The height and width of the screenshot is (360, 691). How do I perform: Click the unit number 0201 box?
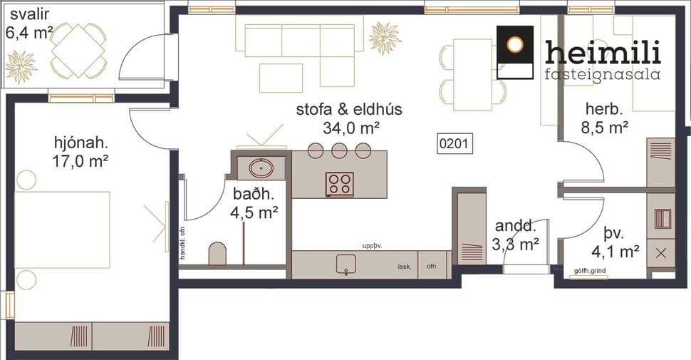453,143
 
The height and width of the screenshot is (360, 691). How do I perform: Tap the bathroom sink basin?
261,168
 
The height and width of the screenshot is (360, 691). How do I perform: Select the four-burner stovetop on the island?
340,184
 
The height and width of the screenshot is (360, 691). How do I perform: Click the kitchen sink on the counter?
345,264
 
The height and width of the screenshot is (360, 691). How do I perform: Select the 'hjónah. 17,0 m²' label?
80,150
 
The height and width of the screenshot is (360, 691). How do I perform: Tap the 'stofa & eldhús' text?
349,110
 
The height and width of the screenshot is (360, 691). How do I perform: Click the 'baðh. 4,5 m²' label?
254,202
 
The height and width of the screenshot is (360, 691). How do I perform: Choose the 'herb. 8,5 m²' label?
605,118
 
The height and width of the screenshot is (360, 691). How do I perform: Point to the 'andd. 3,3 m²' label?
516,235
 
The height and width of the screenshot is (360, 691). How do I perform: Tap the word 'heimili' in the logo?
603,51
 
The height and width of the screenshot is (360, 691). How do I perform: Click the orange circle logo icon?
514,43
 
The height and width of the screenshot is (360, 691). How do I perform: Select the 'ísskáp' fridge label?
406,267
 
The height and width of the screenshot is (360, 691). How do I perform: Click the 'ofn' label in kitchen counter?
431,267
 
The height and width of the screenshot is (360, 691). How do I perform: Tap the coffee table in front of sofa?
281,78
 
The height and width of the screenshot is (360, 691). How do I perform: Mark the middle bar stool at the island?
340,150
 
